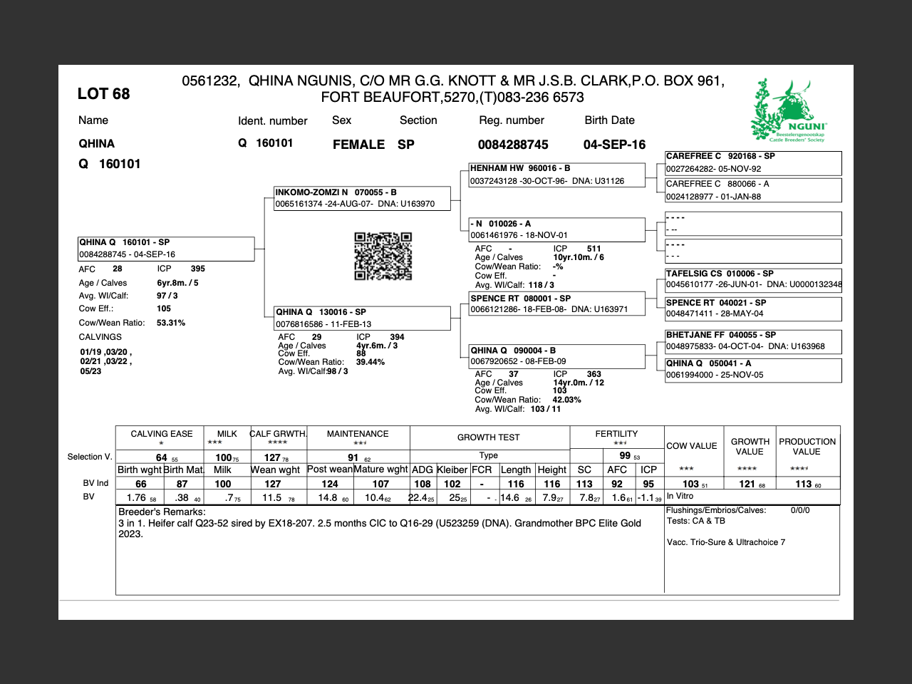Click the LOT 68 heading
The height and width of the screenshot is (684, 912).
[x=103, y=94]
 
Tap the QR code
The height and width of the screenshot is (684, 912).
[x=383, y=256]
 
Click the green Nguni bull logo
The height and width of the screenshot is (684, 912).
[x=787, y=110]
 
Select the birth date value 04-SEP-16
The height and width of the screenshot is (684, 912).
[x=614, y=145]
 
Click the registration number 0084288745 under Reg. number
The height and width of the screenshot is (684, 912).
[x=513, y=145]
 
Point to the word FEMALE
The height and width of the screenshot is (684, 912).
[x=358, y=145]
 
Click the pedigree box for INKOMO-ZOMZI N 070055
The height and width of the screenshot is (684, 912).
[x=363, y=198]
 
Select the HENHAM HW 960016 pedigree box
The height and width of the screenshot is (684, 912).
[x=556, y=175]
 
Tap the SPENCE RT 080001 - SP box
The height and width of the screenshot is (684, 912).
[x=556, y=304]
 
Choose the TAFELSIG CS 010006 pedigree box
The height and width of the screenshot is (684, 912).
[x=753, y=279]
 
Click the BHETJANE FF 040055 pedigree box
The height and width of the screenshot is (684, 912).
[x=753, y=341]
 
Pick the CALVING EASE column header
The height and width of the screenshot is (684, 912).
[x=162, y=434]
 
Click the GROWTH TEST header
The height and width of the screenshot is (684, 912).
[x=489, y=437]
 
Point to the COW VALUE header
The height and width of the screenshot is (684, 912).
[x=692, y=446]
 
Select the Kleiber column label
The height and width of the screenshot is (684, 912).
[x=452, y=470]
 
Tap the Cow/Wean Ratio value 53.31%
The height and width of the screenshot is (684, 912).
[x=171, y=323]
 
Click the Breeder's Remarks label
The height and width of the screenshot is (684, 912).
[x=162, y=512]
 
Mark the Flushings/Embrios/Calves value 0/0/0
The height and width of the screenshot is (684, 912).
[x=800, y=510]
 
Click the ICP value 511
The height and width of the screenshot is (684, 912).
[x=594, y=249]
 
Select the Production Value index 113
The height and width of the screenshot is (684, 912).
[x=804, y=484]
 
